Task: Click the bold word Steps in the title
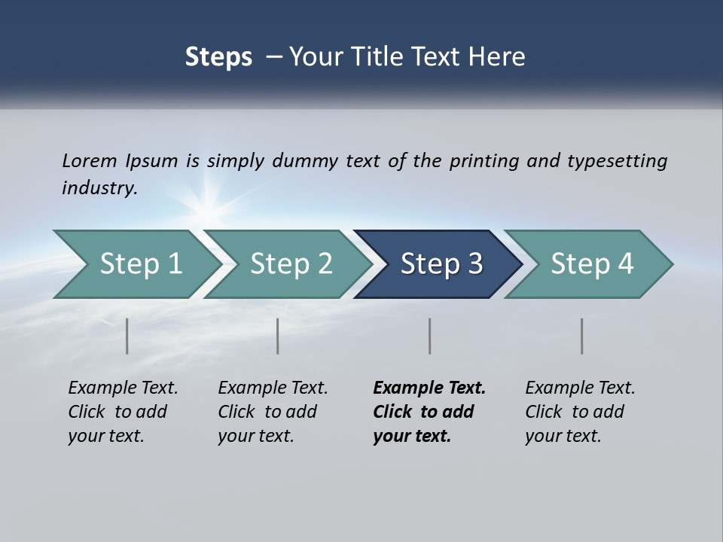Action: click(x=218, y=57)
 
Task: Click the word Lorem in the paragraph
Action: click(x=89, y=161)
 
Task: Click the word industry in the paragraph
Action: click(x=99, y=188)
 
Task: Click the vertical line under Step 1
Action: click(x=127, y=336)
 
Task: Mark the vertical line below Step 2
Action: click(x=278, y=336)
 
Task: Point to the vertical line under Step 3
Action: click(x=430, y=336)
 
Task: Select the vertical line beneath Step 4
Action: click(x=582, y=336)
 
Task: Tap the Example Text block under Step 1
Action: click(x=123, y=412)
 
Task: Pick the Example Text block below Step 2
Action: click(x=273, y=412)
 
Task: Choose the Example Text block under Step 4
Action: click(x=580, y=412)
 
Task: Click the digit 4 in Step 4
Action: click(x=624, y=264)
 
